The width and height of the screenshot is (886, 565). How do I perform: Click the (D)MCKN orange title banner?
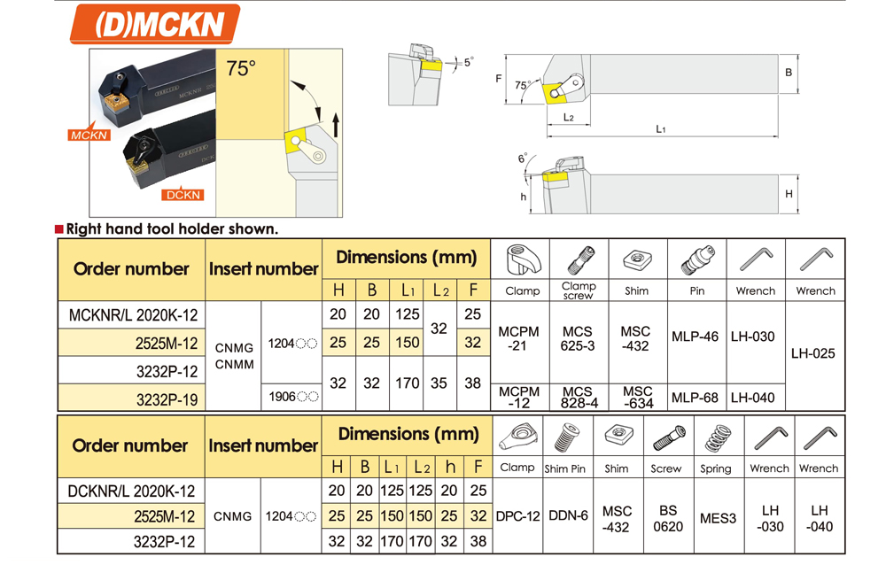155,24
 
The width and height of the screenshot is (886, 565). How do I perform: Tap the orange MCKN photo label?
89,135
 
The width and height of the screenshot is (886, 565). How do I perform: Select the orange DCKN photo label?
183,195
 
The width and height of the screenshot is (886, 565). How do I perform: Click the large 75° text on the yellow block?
241,68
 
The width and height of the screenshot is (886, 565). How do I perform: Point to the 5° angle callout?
469,62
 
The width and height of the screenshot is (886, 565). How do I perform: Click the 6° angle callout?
523,159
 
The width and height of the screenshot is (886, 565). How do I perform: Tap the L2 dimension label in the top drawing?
569,118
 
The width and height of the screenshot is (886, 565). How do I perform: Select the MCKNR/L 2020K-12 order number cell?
132,314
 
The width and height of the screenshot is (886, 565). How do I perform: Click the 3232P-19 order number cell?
132,399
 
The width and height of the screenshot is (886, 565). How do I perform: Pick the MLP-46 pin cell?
695,337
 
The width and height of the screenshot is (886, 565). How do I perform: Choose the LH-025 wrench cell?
813,353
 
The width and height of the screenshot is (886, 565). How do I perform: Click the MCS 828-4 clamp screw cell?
579,398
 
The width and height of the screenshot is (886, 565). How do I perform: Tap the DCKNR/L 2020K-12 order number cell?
131,491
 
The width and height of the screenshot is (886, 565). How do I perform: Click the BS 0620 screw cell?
668,518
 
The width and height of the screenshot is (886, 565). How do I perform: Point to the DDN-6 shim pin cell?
568,515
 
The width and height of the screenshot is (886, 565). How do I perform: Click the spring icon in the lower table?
717,437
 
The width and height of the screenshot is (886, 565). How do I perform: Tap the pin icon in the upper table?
698,259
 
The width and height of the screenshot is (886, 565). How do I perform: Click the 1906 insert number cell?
291,398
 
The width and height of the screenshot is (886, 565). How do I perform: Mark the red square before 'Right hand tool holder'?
58,228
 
